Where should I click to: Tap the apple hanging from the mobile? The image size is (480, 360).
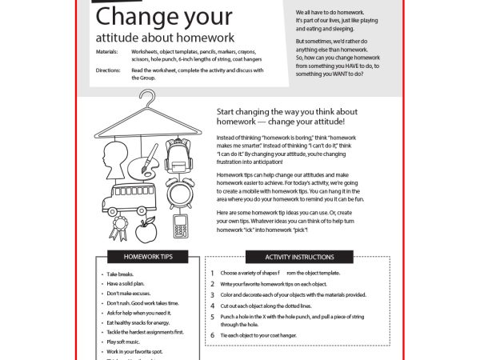coord(145,230)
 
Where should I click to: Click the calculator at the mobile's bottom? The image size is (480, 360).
coord(180,225)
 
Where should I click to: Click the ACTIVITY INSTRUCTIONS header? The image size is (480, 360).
coord(299,257)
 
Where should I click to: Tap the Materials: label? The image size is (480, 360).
coord(107,50)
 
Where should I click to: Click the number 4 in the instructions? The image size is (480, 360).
coord(213,306)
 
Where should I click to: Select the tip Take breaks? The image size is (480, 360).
coord(122,274)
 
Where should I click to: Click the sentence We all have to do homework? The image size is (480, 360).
coord(330,14)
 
